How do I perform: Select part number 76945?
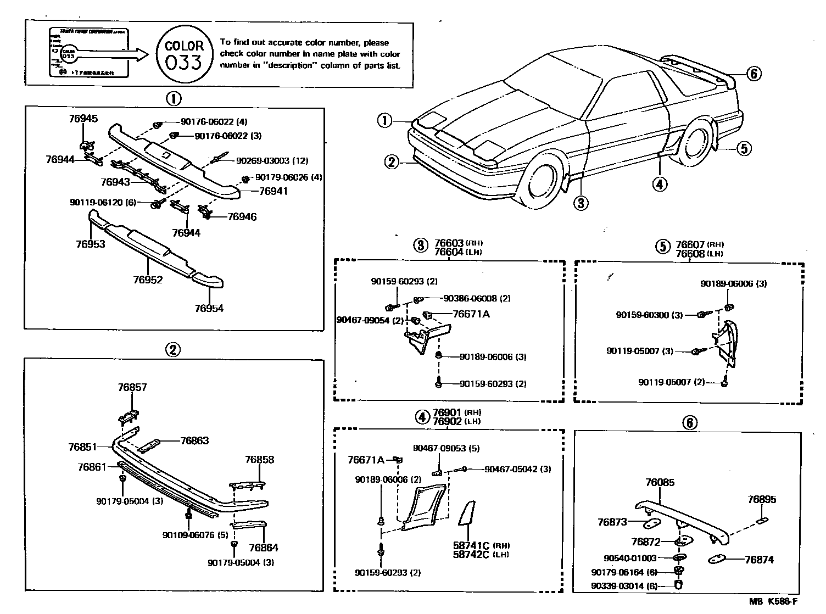83,118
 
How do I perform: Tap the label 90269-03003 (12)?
272,161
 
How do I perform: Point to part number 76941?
273,192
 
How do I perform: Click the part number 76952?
148,280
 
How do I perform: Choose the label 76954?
209,308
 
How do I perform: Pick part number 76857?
132,388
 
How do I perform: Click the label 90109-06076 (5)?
195,535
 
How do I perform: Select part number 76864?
263,548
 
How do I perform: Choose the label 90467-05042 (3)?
517,469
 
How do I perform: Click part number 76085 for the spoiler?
660,483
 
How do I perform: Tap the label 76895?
762,500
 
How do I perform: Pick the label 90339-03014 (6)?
624,586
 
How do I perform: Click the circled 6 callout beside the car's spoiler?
754,74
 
